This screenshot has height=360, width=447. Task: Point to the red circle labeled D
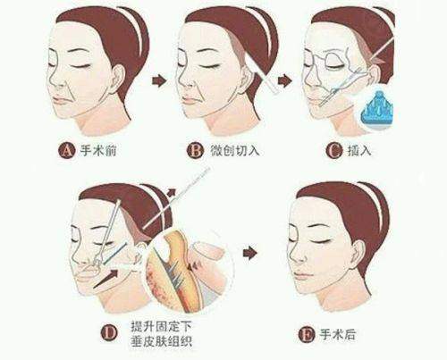coord(109,335)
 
